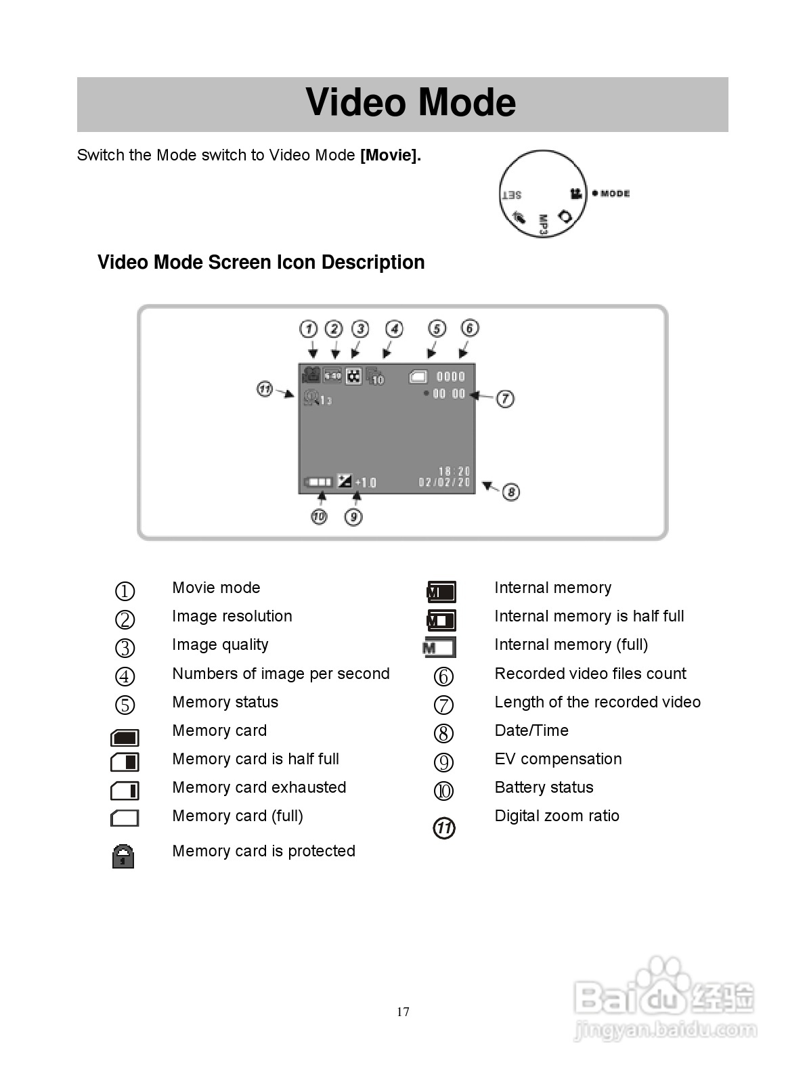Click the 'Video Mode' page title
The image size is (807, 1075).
(410, 103)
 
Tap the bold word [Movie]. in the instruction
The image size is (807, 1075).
(391, 155)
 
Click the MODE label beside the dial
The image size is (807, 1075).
(615, 194)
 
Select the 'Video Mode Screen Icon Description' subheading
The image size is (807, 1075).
(261, 262)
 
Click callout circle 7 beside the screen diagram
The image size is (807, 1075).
(505, 399)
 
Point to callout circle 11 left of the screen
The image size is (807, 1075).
(265, 389)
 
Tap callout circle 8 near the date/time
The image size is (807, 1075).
(511, 492)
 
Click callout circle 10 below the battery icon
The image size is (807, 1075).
(319, 517)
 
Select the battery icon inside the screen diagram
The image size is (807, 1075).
(318, 482)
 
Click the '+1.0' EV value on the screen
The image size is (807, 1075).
(366, 483)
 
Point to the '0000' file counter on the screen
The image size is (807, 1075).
(450, 376)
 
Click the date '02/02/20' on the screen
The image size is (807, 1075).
(444, 483)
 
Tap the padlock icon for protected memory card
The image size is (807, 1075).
(123, 856)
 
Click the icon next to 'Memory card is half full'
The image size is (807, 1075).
(125, 762)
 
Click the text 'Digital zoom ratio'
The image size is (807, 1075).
(557, 816)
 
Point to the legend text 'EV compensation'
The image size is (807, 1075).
(558, 759)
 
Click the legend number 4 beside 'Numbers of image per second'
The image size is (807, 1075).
(125, 676)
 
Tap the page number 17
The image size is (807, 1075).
(403, 1012)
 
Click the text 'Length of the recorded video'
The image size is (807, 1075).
(597, 702)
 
